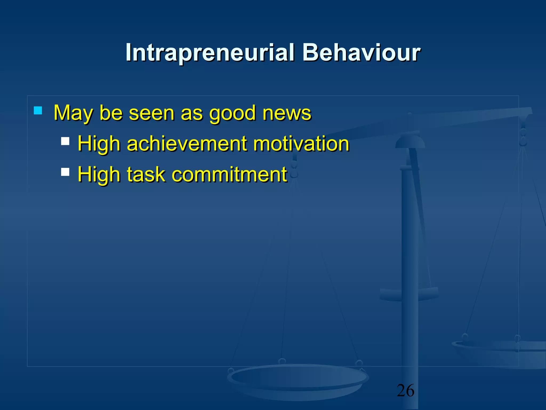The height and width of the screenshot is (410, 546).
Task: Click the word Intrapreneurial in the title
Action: pyautogui.click(x=210, y=53)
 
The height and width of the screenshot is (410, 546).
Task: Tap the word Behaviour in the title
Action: pyautogui.click(x=361, y=53)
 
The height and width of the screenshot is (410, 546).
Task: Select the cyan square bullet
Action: pyautogui.click(x=38, y=111)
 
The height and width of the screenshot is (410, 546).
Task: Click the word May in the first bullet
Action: pyautogui.click(x=73, y=113)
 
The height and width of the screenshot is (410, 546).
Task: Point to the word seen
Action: pyautogui.click(x=151, y=113)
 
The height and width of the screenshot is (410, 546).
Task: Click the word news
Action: pyautogui.click(x=287, y=113)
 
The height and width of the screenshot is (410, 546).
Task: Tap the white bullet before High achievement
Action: pyautogui.click(x=65, y=141)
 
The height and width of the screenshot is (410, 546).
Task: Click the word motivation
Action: pyautogui.click(x=301, y=144)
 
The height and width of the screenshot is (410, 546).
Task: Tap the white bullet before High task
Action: pyautogui.click(x=65, y=172)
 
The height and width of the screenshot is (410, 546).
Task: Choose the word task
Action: pyautogui.click(x=146, y=175)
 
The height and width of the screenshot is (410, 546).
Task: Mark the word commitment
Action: pyautogui.click(x=229, y=175)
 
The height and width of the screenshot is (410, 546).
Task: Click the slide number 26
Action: pyautogui.click(x=406, y=391)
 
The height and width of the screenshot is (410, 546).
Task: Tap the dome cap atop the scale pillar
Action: pyautogui.click(x=410, y=141)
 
